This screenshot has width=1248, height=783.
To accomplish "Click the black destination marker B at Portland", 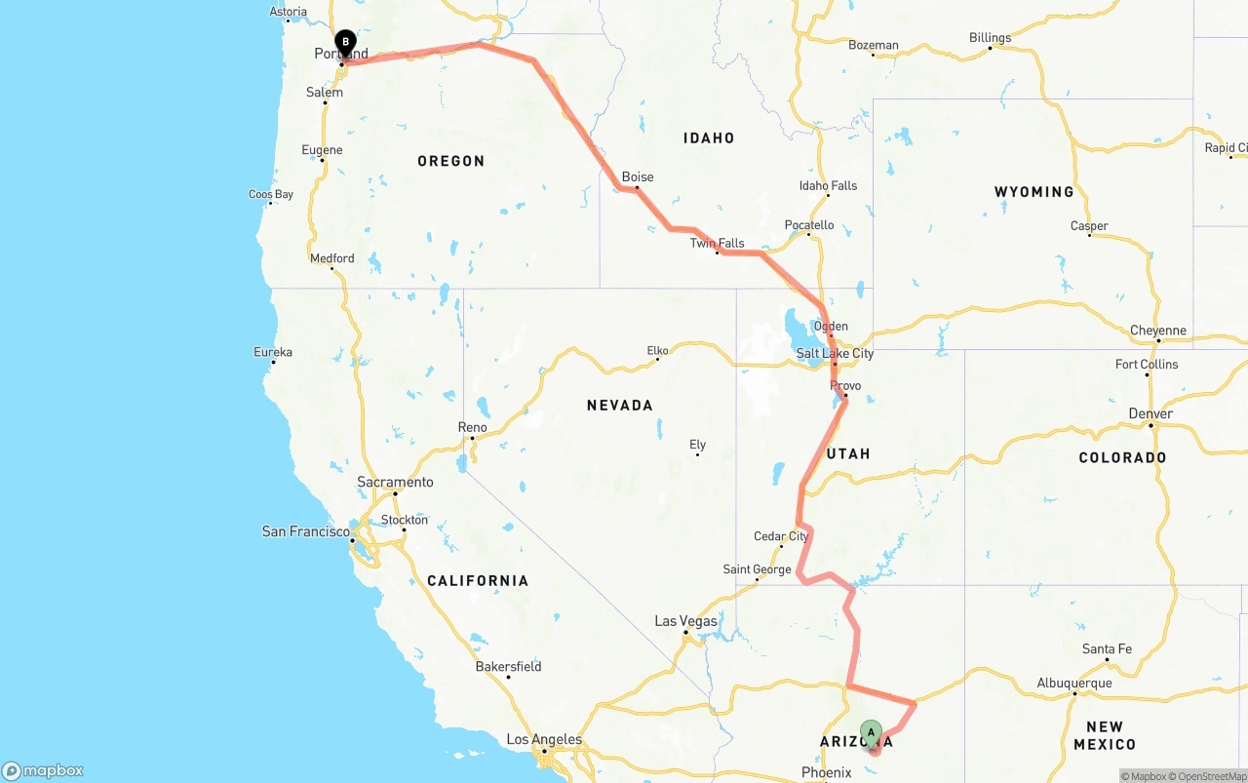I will point(345,43).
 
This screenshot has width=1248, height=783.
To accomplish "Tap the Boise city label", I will point(638,177).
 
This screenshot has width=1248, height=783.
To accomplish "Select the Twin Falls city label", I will point(717,243).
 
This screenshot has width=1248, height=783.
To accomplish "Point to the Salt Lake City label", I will point(835,353).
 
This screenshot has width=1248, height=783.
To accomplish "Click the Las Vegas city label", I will point(685,621).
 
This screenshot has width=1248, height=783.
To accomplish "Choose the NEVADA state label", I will point(619,405).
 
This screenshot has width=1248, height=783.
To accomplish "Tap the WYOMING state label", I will point(1033,192).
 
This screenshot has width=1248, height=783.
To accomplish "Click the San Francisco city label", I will point(305,531).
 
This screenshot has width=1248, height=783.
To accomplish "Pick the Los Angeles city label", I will point(545,740).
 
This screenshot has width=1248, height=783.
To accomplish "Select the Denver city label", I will point(1150,413).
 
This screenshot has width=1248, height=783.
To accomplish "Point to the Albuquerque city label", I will point(1073,683).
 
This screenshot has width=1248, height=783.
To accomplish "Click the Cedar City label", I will point(781,536).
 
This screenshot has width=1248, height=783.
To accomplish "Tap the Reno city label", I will point(472,427).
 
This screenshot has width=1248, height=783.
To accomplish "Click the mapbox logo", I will point(43,771).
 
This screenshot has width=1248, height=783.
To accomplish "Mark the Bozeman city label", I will point(873,45).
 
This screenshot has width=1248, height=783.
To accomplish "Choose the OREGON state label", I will point(450,161).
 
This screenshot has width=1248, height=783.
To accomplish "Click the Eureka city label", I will point(273,352).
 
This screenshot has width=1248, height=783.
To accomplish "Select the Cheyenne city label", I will point(1158,331).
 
